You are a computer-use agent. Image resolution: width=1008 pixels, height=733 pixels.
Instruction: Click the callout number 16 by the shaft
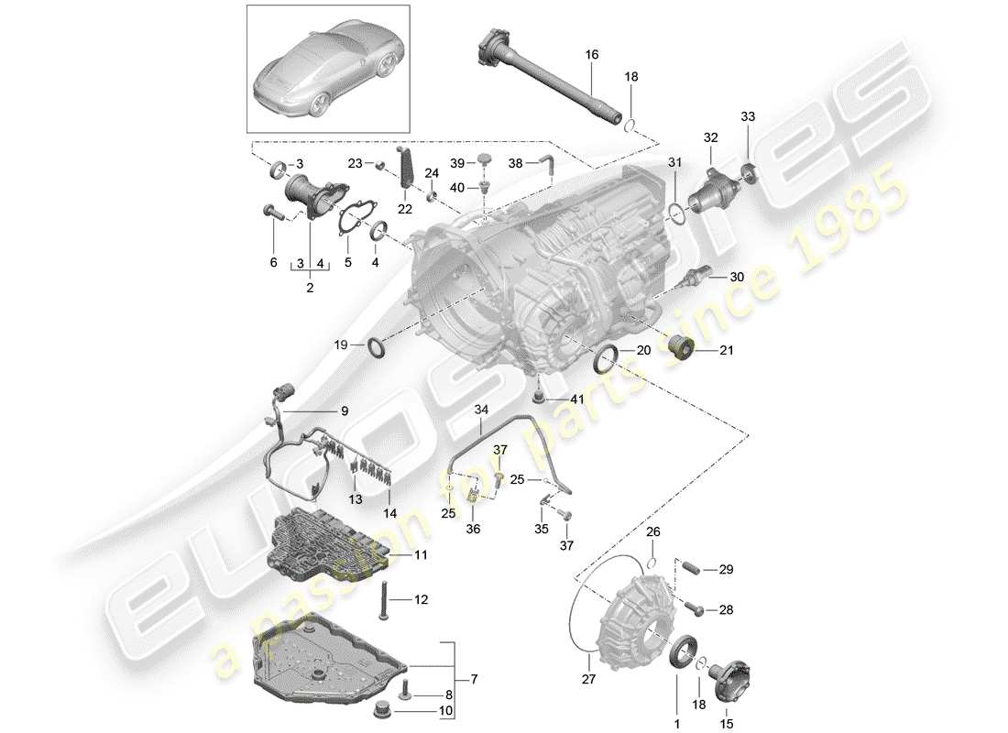(x=592, y=55)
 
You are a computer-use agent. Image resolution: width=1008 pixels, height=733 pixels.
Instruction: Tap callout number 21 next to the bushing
(x=727, y=350)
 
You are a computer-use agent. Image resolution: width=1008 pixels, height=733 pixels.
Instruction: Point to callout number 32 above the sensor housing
(x=711, y=138)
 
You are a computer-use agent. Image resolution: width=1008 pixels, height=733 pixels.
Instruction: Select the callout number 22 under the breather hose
(x=405, y=209)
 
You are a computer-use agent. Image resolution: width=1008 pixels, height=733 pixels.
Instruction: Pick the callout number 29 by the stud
(x=726, y=570)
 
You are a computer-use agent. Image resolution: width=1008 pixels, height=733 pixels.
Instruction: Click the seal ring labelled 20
(x=606, y=360)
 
